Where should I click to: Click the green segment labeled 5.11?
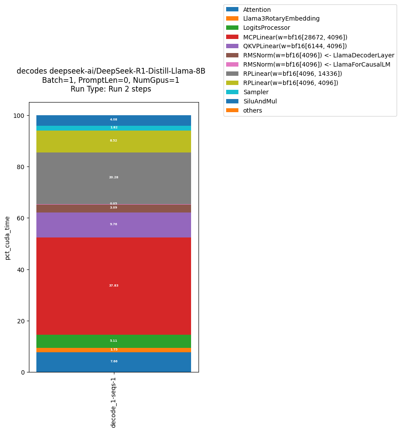pyautogui.click(x=114, y=341)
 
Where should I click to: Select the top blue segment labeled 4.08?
pyautogui.click(x=114, y=120)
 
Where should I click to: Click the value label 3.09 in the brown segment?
pyautogui.click(x=114, y=208)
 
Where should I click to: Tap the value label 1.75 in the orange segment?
pyautogui.click(x=114, y=350)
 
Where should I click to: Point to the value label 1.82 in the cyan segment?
pyautogui.click(x=114, y=127)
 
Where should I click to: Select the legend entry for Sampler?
pyautogui.click(x=256, y=92)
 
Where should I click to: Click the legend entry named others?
pyautogui.click(x=252, y=110)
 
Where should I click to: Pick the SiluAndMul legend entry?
pyautogui.click(x=260, y=101)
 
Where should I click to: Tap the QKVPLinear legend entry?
pyautogui.click(x=295, y=46)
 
